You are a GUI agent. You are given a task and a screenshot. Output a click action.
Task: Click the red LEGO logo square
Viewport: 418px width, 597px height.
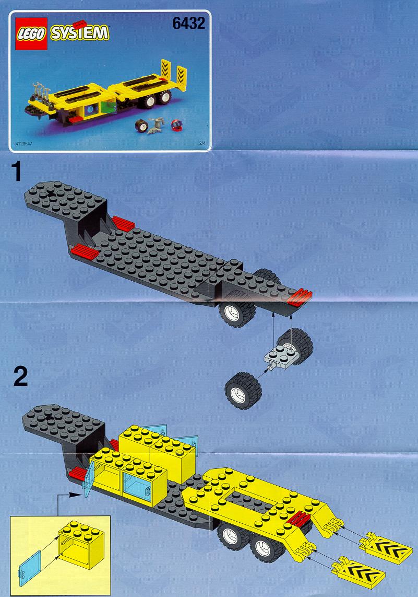click(x=31, y=33)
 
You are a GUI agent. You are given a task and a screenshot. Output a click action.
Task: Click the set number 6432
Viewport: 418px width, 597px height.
click(x=188, y=24)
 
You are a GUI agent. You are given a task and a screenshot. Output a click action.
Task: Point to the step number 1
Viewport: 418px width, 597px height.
click(x=17, y=171)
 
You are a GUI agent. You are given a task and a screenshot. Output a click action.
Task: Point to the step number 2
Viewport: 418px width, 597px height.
click(x=20, y=376)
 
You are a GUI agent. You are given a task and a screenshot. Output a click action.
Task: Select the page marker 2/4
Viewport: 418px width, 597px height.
click(x=202, y=144)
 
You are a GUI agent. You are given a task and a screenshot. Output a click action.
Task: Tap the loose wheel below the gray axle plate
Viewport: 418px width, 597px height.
click(x=243, y=391)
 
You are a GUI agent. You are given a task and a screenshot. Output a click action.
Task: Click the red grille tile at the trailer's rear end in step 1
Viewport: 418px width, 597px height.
click(x=300, y=297)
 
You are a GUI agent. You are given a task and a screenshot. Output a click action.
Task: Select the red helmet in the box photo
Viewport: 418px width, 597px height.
click(x=176, y=125)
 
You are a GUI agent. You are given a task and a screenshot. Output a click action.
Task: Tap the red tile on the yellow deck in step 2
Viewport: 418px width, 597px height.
click(x=300, y=519)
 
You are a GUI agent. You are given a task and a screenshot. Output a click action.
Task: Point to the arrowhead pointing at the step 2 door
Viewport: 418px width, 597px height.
click(x=78, y=495)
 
